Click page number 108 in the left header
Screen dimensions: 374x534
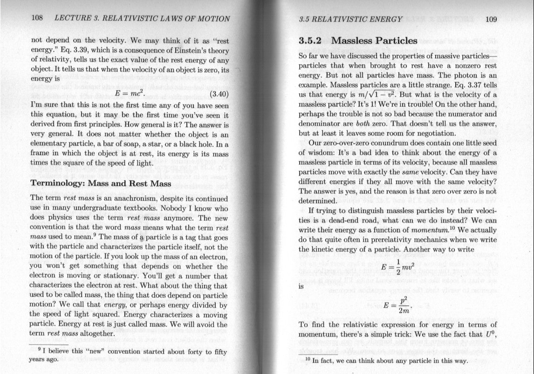click(37, 19)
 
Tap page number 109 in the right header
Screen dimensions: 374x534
click(492, 20)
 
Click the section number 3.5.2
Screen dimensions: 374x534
click(312, 41)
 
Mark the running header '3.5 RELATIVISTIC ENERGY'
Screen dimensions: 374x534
click(350, 20)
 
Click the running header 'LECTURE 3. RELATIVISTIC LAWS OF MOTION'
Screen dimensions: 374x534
click(142, 19)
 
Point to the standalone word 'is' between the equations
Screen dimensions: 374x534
click(301, 287)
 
